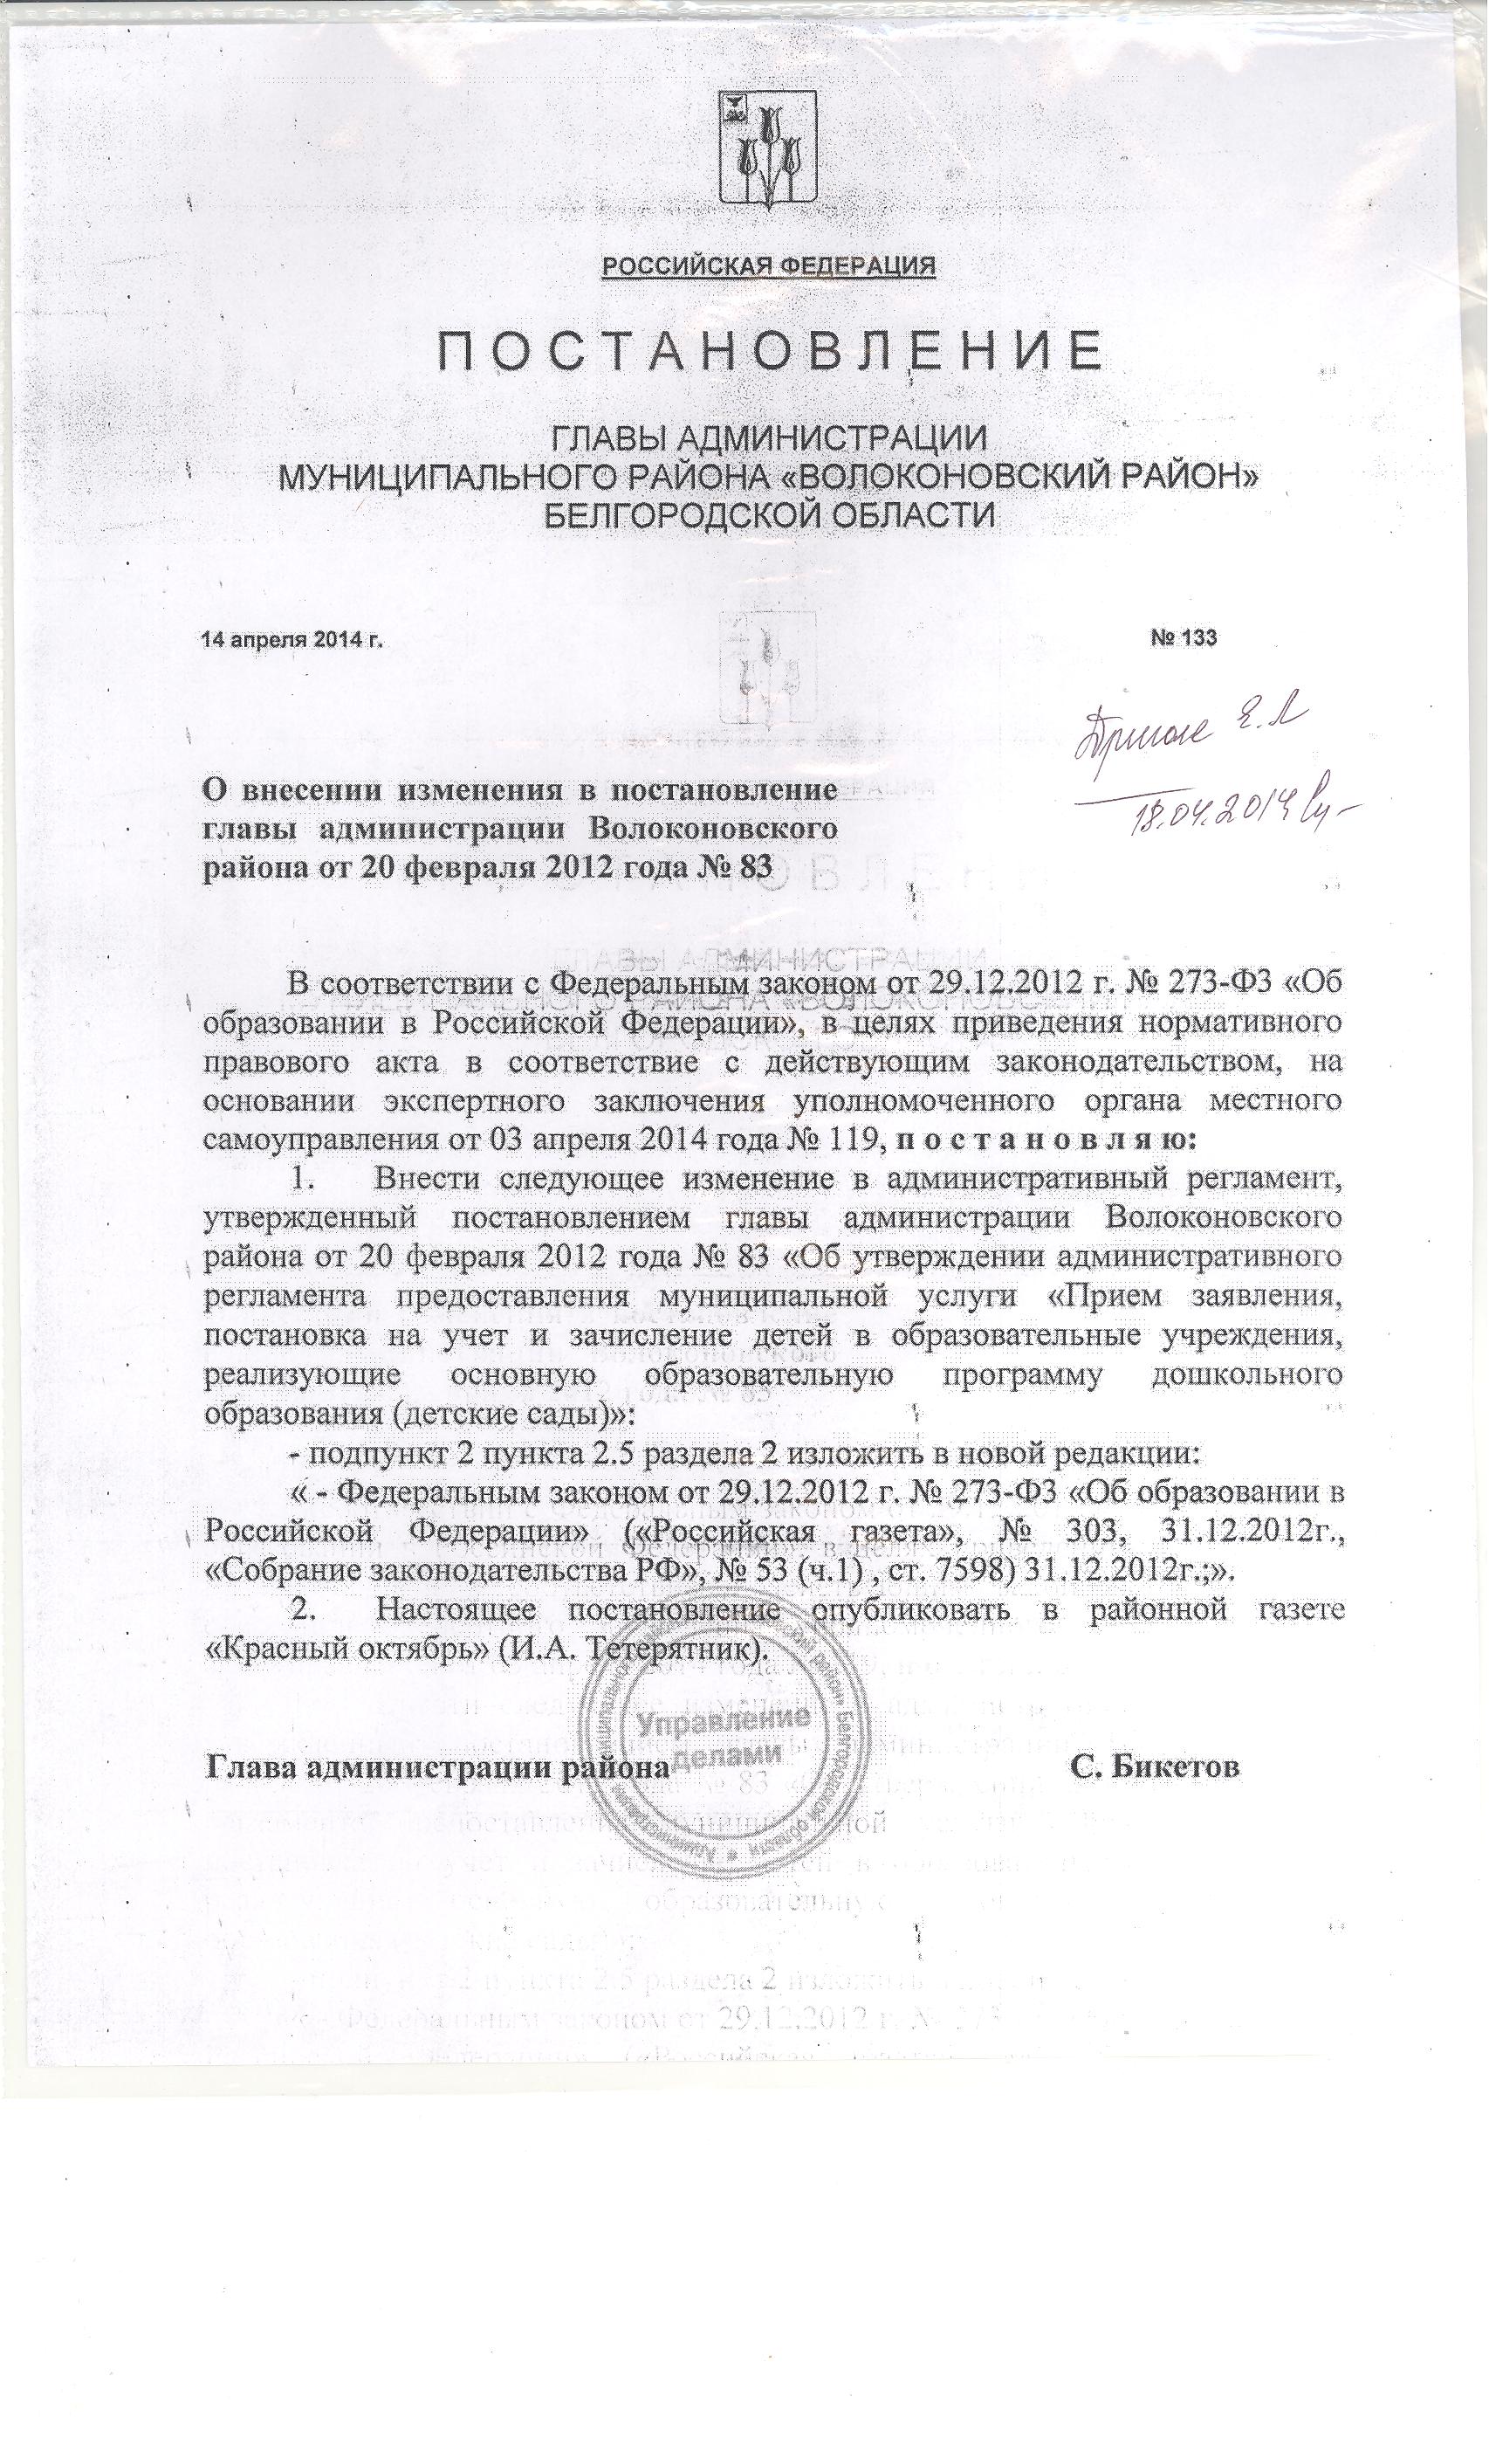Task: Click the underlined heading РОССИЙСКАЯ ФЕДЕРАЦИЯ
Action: (769, 266)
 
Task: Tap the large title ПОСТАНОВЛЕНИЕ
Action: (769, 350)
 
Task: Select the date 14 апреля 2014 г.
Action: (292, 639)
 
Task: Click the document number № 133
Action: (1184, 638)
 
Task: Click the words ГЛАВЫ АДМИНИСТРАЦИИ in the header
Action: (769, 437)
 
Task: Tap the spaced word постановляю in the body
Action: (1046, 1140)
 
